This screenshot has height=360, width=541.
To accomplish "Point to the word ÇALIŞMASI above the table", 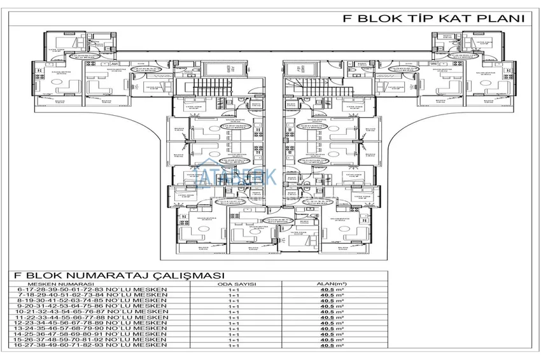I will click(x=171, y=276).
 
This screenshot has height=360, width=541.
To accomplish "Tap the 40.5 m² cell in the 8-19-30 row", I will click(x=328, y=301).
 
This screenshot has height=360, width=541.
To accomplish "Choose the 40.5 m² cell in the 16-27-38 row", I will click(x=328, y=347).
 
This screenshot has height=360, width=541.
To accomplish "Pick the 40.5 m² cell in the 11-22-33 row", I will click(x=328, y=318).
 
